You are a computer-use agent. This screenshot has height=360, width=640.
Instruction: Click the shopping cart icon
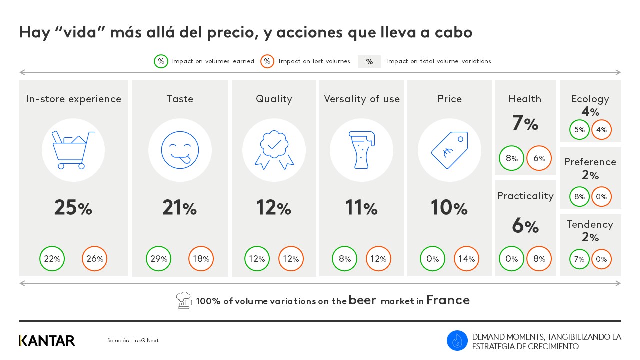[73, 150]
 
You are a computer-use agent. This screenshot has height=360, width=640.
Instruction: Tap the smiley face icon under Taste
[180, 150]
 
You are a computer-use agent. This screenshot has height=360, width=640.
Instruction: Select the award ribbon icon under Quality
[274, 150]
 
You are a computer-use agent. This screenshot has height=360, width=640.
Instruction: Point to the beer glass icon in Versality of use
[361, 150]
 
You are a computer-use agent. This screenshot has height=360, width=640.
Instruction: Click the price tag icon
[449, 150]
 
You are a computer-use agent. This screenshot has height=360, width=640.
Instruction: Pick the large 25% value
[73, 208]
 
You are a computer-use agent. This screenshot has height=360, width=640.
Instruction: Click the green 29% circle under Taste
[159, 259]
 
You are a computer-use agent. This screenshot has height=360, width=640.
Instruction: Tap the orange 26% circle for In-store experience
[95, 259]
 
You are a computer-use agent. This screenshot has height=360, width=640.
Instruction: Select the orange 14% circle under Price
[467, 259]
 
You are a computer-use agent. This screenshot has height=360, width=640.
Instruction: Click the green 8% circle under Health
[512, 159]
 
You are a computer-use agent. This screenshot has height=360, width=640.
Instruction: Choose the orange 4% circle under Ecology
[602, 130]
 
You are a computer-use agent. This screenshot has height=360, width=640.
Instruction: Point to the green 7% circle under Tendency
[580, 259]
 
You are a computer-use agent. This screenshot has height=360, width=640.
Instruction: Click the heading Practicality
[525, 196]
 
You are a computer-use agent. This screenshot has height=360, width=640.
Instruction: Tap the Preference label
[590, 162]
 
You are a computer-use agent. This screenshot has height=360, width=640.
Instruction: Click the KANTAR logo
[47, 341]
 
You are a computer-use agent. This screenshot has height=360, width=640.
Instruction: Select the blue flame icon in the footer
[457, 341]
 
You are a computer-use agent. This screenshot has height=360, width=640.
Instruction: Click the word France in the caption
[448, 300]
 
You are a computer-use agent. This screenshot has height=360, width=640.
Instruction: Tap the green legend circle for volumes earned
[161, 61]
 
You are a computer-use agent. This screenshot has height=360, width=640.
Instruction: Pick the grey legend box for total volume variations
[369, 62]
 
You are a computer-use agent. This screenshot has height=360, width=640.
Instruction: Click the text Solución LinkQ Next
[133, 341]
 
